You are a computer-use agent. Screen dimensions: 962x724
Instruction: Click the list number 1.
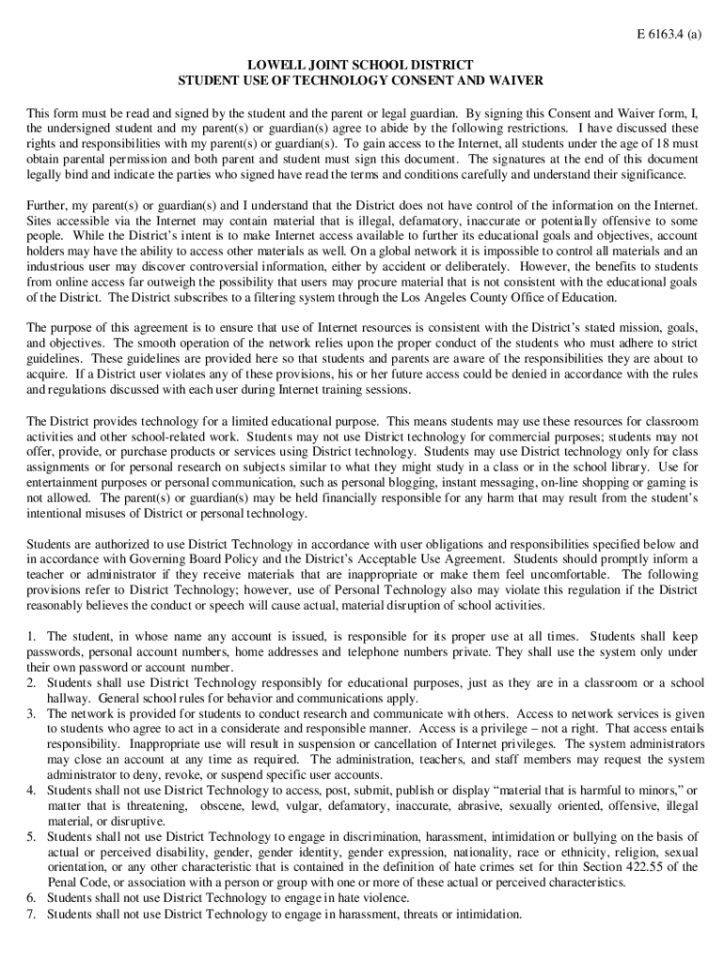[x=31, y=637]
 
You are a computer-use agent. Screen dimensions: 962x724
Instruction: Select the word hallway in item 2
[x=69, y=698]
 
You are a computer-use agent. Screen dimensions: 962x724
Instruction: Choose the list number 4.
[x=31, y=790]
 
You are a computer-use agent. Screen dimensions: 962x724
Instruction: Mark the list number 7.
[x=31, y=913]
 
